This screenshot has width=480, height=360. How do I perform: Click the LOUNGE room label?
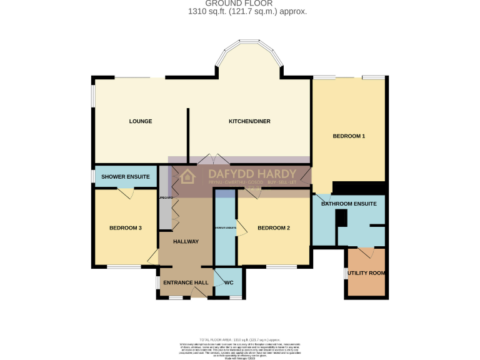click(x=141, y=121)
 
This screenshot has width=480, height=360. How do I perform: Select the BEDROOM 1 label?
click(x=348, y=136)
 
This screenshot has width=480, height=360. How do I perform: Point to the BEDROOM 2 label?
click(x=274, y=228)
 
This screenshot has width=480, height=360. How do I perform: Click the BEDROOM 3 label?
click(x=126, y=228)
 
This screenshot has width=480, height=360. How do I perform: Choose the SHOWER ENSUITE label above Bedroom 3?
click(x=125, y=177)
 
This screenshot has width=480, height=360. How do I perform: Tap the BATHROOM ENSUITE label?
click(x=348, y=204)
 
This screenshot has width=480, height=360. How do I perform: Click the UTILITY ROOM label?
click(x=366, y=273)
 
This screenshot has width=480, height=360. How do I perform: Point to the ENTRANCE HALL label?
click(x=186, y=283)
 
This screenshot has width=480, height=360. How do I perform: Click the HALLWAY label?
click(x=186, y=242)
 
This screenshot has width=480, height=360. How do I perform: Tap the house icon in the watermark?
click(x=186, y=177)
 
